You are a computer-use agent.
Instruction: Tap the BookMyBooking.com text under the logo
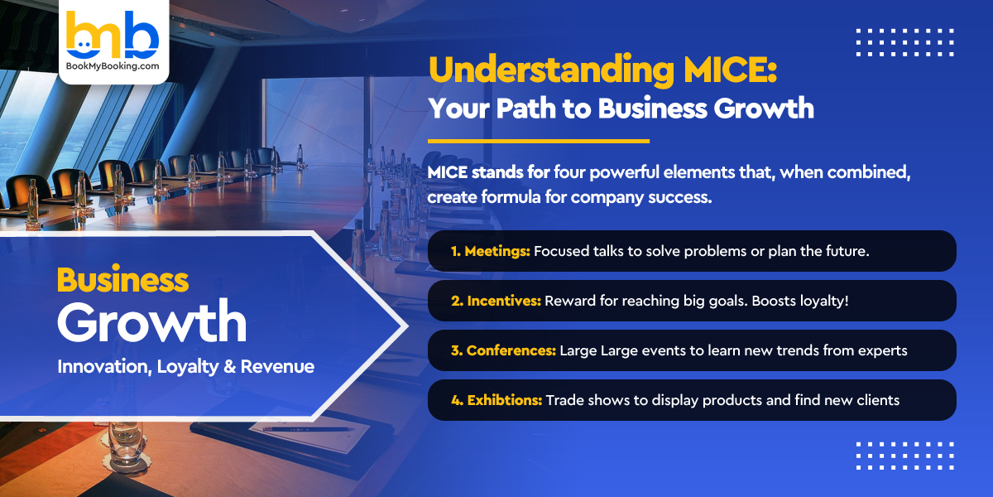point(113,67)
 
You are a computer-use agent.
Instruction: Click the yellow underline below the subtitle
point(539,141)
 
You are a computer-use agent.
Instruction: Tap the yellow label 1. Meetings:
point(490,251)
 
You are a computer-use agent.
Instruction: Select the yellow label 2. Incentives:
point(496,301)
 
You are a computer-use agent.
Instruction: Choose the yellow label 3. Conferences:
point(503,350)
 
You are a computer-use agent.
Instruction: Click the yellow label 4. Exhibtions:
point(496,400)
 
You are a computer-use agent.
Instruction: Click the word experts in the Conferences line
point(881,350)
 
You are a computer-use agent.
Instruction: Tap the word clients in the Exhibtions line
point(877,400)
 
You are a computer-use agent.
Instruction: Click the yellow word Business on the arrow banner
point(122,280)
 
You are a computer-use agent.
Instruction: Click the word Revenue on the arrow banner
point(277,366)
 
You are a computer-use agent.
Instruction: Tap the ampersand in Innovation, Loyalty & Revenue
point(229,366)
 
